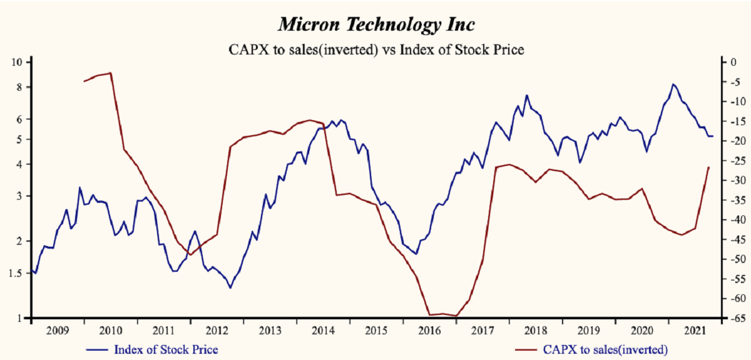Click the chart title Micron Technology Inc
pos(375,25)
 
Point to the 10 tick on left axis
pos(17,62)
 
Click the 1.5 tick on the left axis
pos(16,272)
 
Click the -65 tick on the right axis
pos(730,319)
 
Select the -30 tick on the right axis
pos(730,180)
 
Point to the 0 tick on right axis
pos(726,62)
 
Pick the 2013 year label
pos(269,330)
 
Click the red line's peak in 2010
pos(111,73)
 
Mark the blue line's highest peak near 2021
pos(673,84)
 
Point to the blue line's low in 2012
pos(230,288)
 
